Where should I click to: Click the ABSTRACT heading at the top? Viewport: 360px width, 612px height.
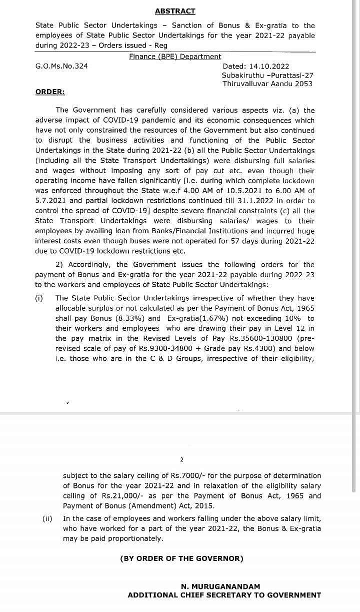(175, 11)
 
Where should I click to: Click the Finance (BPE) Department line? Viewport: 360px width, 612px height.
(175, 57)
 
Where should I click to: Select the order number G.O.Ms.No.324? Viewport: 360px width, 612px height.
(61, 66)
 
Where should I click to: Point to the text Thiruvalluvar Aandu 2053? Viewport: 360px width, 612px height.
(267, 84)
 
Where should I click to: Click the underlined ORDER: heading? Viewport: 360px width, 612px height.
(50, 92)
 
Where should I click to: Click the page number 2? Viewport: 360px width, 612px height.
(181, 459)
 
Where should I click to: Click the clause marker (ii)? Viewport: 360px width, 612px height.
(47, 519)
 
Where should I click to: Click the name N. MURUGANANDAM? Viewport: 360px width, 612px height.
(220, 586)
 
